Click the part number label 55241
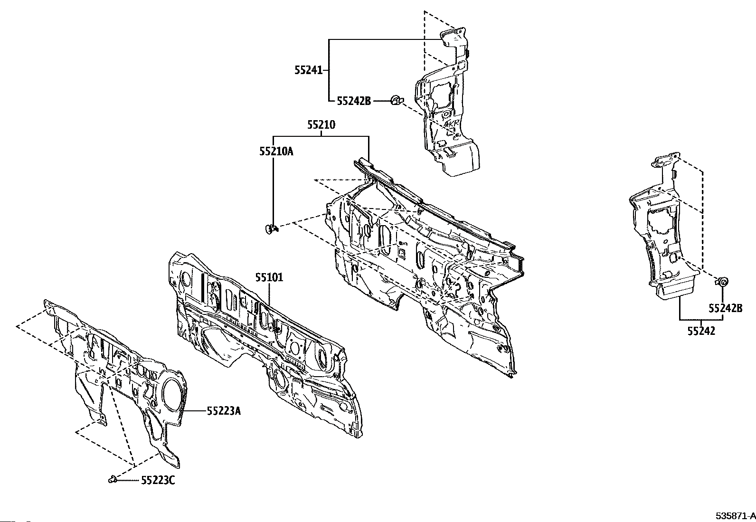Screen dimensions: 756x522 pyautogui.click(x=309, y=70)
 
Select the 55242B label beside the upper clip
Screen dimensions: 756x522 pyautogui.click(x=354, y=101)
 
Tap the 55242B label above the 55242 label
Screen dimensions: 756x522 pyautogui.click(x=726, y=308)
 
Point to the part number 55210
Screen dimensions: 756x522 pyautogui.click(x=321, y=125)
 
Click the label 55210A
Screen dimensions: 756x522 pyautogui.click(x=276, y=152)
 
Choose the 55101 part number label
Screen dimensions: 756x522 pyautogui.click(x=269, y=277)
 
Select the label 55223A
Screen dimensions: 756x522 pyautogui.click(x=224, y=411)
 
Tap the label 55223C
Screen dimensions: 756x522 pyautogui.click(x=158, y=480)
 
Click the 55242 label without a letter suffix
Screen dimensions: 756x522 pyautogui.click(x=701, y=331)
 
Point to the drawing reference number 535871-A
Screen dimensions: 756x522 pyautogui.click(x=736, y=516)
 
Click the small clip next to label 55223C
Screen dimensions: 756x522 pyautogui.click(x=113, y=479)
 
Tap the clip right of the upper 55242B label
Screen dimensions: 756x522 pyautogui.click(x=396, y=100)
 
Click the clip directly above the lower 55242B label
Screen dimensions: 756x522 pyautogui.click(x=722, y=281)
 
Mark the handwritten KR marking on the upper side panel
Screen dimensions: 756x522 pyautogui.click(x=452, y=123)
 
